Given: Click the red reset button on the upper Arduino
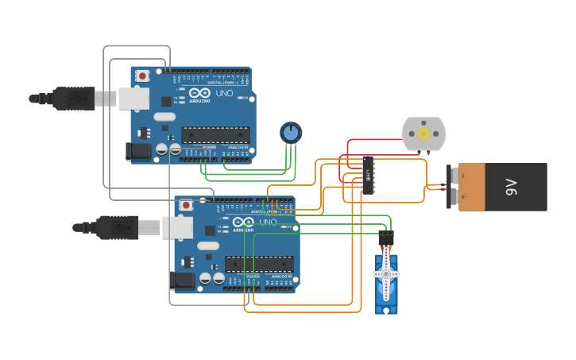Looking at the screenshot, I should (142, 76).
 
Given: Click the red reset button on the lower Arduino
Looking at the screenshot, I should (186, 205).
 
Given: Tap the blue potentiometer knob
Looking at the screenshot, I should (291, 132).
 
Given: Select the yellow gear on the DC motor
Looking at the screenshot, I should (423, 134).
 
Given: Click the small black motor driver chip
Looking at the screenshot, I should (368, 174).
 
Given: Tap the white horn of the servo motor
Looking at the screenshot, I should (387, 273).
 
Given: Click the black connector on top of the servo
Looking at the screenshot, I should (386, 237).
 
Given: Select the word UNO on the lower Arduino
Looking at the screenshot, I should (268, 222).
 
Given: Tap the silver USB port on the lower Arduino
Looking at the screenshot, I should (177, 227).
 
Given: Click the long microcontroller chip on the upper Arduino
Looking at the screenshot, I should (215, 135).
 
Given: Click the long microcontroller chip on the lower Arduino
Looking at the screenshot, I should (259, 264).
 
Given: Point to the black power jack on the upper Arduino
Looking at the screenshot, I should (139, 151).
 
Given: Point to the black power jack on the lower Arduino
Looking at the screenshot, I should (183, 280).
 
